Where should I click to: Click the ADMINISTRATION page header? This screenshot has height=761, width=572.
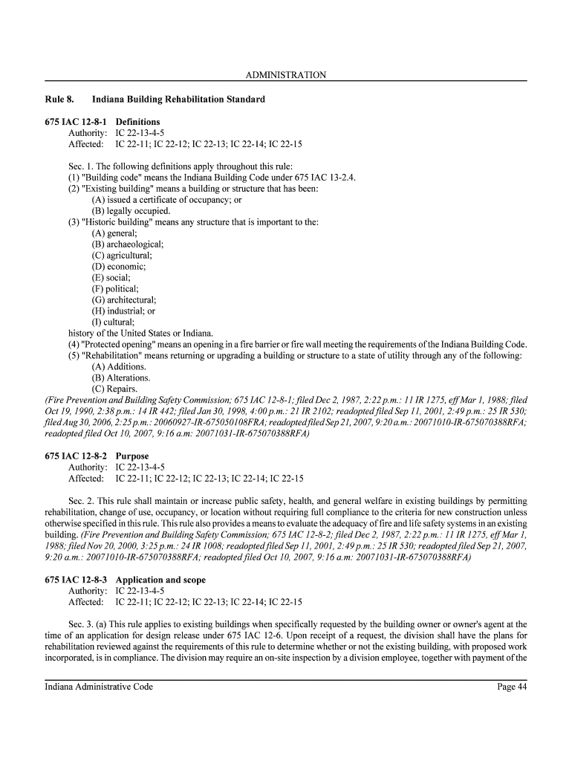pos(285,75)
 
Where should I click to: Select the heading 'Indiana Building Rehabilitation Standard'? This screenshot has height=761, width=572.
pos(178,99)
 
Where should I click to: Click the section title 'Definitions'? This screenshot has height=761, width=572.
pos(137,122)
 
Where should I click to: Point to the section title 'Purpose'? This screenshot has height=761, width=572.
pos(132,456)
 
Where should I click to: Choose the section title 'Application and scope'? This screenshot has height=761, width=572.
pos(160,580)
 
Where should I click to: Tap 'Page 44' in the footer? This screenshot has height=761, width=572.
pos(512,687)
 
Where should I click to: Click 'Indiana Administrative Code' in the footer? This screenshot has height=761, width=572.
pos(99,687)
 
